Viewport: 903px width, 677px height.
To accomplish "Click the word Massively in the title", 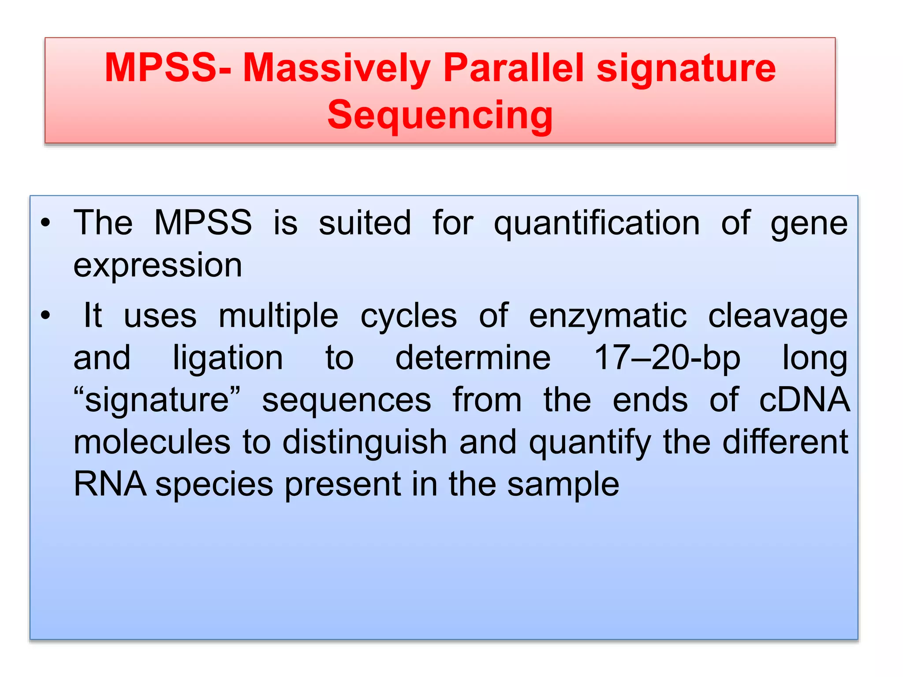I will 337,68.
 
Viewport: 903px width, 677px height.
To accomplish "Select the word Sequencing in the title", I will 440,115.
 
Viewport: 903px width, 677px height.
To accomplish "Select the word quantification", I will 597,223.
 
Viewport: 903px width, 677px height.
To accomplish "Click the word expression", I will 158,265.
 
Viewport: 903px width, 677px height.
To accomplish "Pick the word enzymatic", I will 608,316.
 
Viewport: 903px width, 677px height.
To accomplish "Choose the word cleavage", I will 778,316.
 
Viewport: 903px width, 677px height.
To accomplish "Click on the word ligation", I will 228,357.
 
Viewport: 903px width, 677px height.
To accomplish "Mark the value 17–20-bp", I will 667,357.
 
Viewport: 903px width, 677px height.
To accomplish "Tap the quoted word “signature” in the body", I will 157,400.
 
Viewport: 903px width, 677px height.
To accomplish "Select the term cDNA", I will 804,400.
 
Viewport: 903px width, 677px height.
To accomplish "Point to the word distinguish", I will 365,442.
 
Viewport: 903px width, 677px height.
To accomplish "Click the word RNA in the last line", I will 110,484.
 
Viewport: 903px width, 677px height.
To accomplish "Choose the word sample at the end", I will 563,484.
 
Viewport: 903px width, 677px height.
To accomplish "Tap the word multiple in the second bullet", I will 279,316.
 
